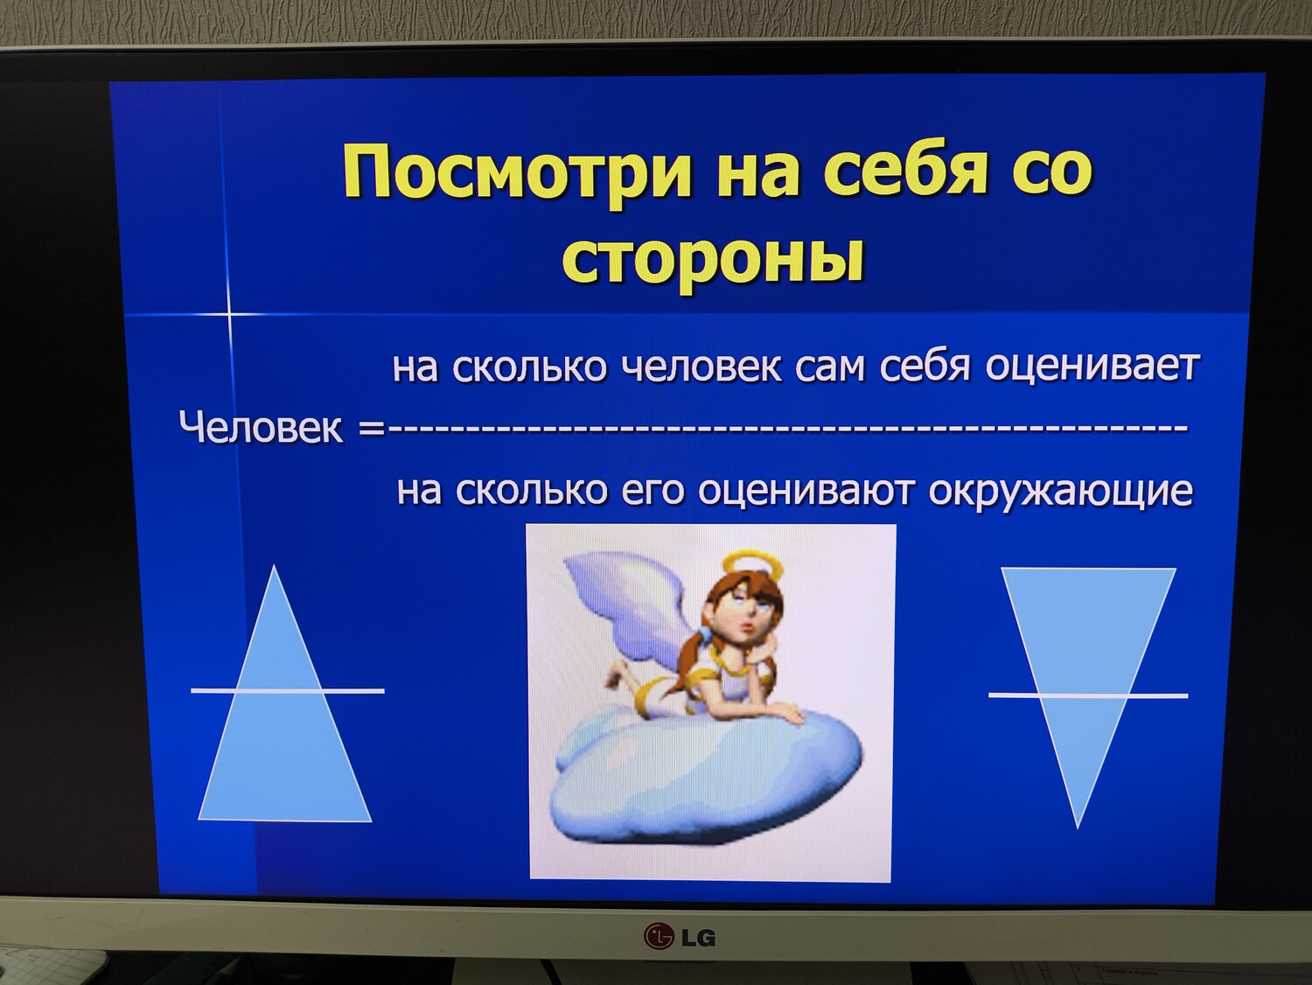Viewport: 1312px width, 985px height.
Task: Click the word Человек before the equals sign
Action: point(262,429)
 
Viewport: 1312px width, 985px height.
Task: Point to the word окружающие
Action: point(1060,492)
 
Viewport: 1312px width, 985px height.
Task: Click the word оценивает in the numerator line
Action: point(1092,367)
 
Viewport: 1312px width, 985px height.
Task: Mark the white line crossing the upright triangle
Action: point(288,691)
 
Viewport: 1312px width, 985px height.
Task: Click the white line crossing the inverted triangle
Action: point(1088,695)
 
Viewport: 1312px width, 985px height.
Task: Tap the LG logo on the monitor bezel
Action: point(679,936)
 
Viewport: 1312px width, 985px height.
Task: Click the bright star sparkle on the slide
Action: point(229,313)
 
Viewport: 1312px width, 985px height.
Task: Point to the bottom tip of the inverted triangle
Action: point(1078,829)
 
